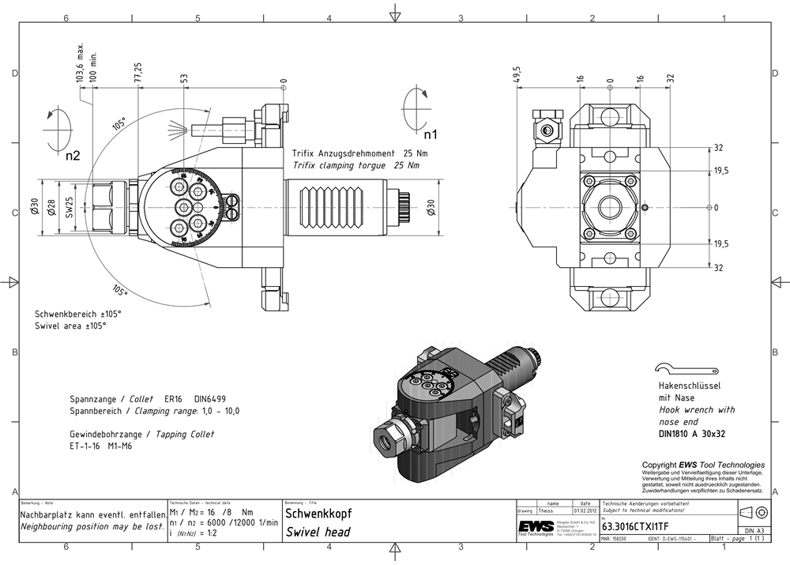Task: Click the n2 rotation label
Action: tap(73, 156)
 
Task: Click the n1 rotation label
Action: tap(429, 132)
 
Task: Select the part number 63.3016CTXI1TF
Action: tap(635, 526)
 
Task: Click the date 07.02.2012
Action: tap(584, 511)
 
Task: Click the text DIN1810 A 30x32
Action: tap(691, 433)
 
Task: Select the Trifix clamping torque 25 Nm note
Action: tap(355, 166)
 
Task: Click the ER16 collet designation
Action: tap(173, 400)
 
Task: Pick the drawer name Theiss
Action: tap(546, 511)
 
